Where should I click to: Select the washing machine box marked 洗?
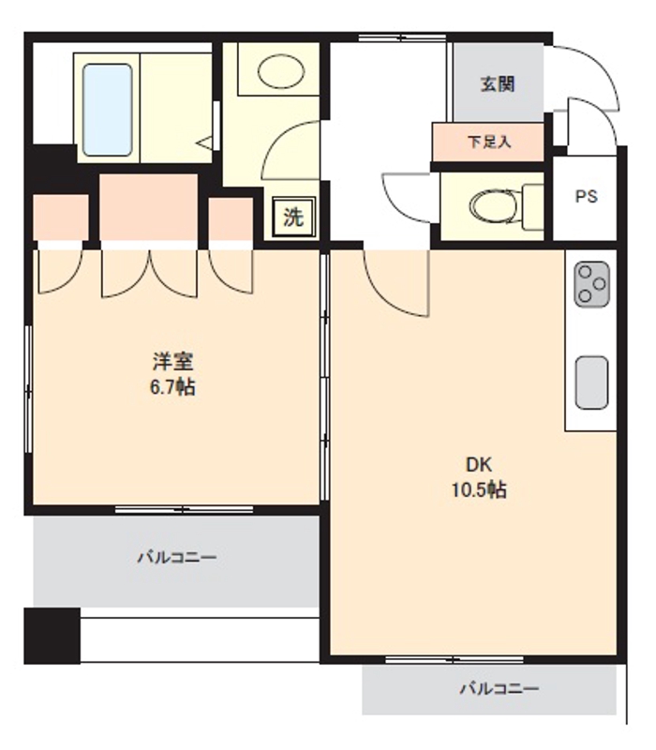tap(293, 218)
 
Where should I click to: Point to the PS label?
tap(586, 197)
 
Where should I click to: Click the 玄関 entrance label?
tap(498, 83)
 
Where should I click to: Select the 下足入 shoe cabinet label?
tap(488, 142)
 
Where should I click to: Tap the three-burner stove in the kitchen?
tap(591, 282)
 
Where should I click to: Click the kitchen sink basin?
tap(591, 382)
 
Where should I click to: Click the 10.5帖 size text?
tap(479, 489)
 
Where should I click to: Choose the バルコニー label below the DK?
tap(499, 689)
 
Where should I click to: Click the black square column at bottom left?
tap(52, 636)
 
